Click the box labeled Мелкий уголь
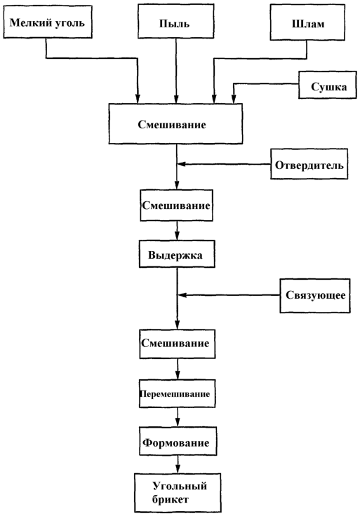(48, 22)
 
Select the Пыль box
(176, 22)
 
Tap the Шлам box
(307, 22)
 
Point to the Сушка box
(328, 85)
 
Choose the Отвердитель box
(309, 164)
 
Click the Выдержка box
(177, 254)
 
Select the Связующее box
(315, 296)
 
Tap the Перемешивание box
(178, 393)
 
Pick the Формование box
(178, 441)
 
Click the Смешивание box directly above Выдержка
(177, 205)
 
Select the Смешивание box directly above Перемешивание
(178, 344)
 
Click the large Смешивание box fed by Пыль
(176, 123)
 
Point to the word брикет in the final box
(171, 500)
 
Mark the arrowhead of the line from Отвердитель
(181, 164)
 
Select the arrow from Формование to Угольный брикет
(178, 464)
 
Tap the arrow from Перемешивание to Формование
(178, 417)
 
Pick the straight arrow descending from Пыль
(176, 71)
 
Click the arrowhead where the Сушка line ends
(234, 99)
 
